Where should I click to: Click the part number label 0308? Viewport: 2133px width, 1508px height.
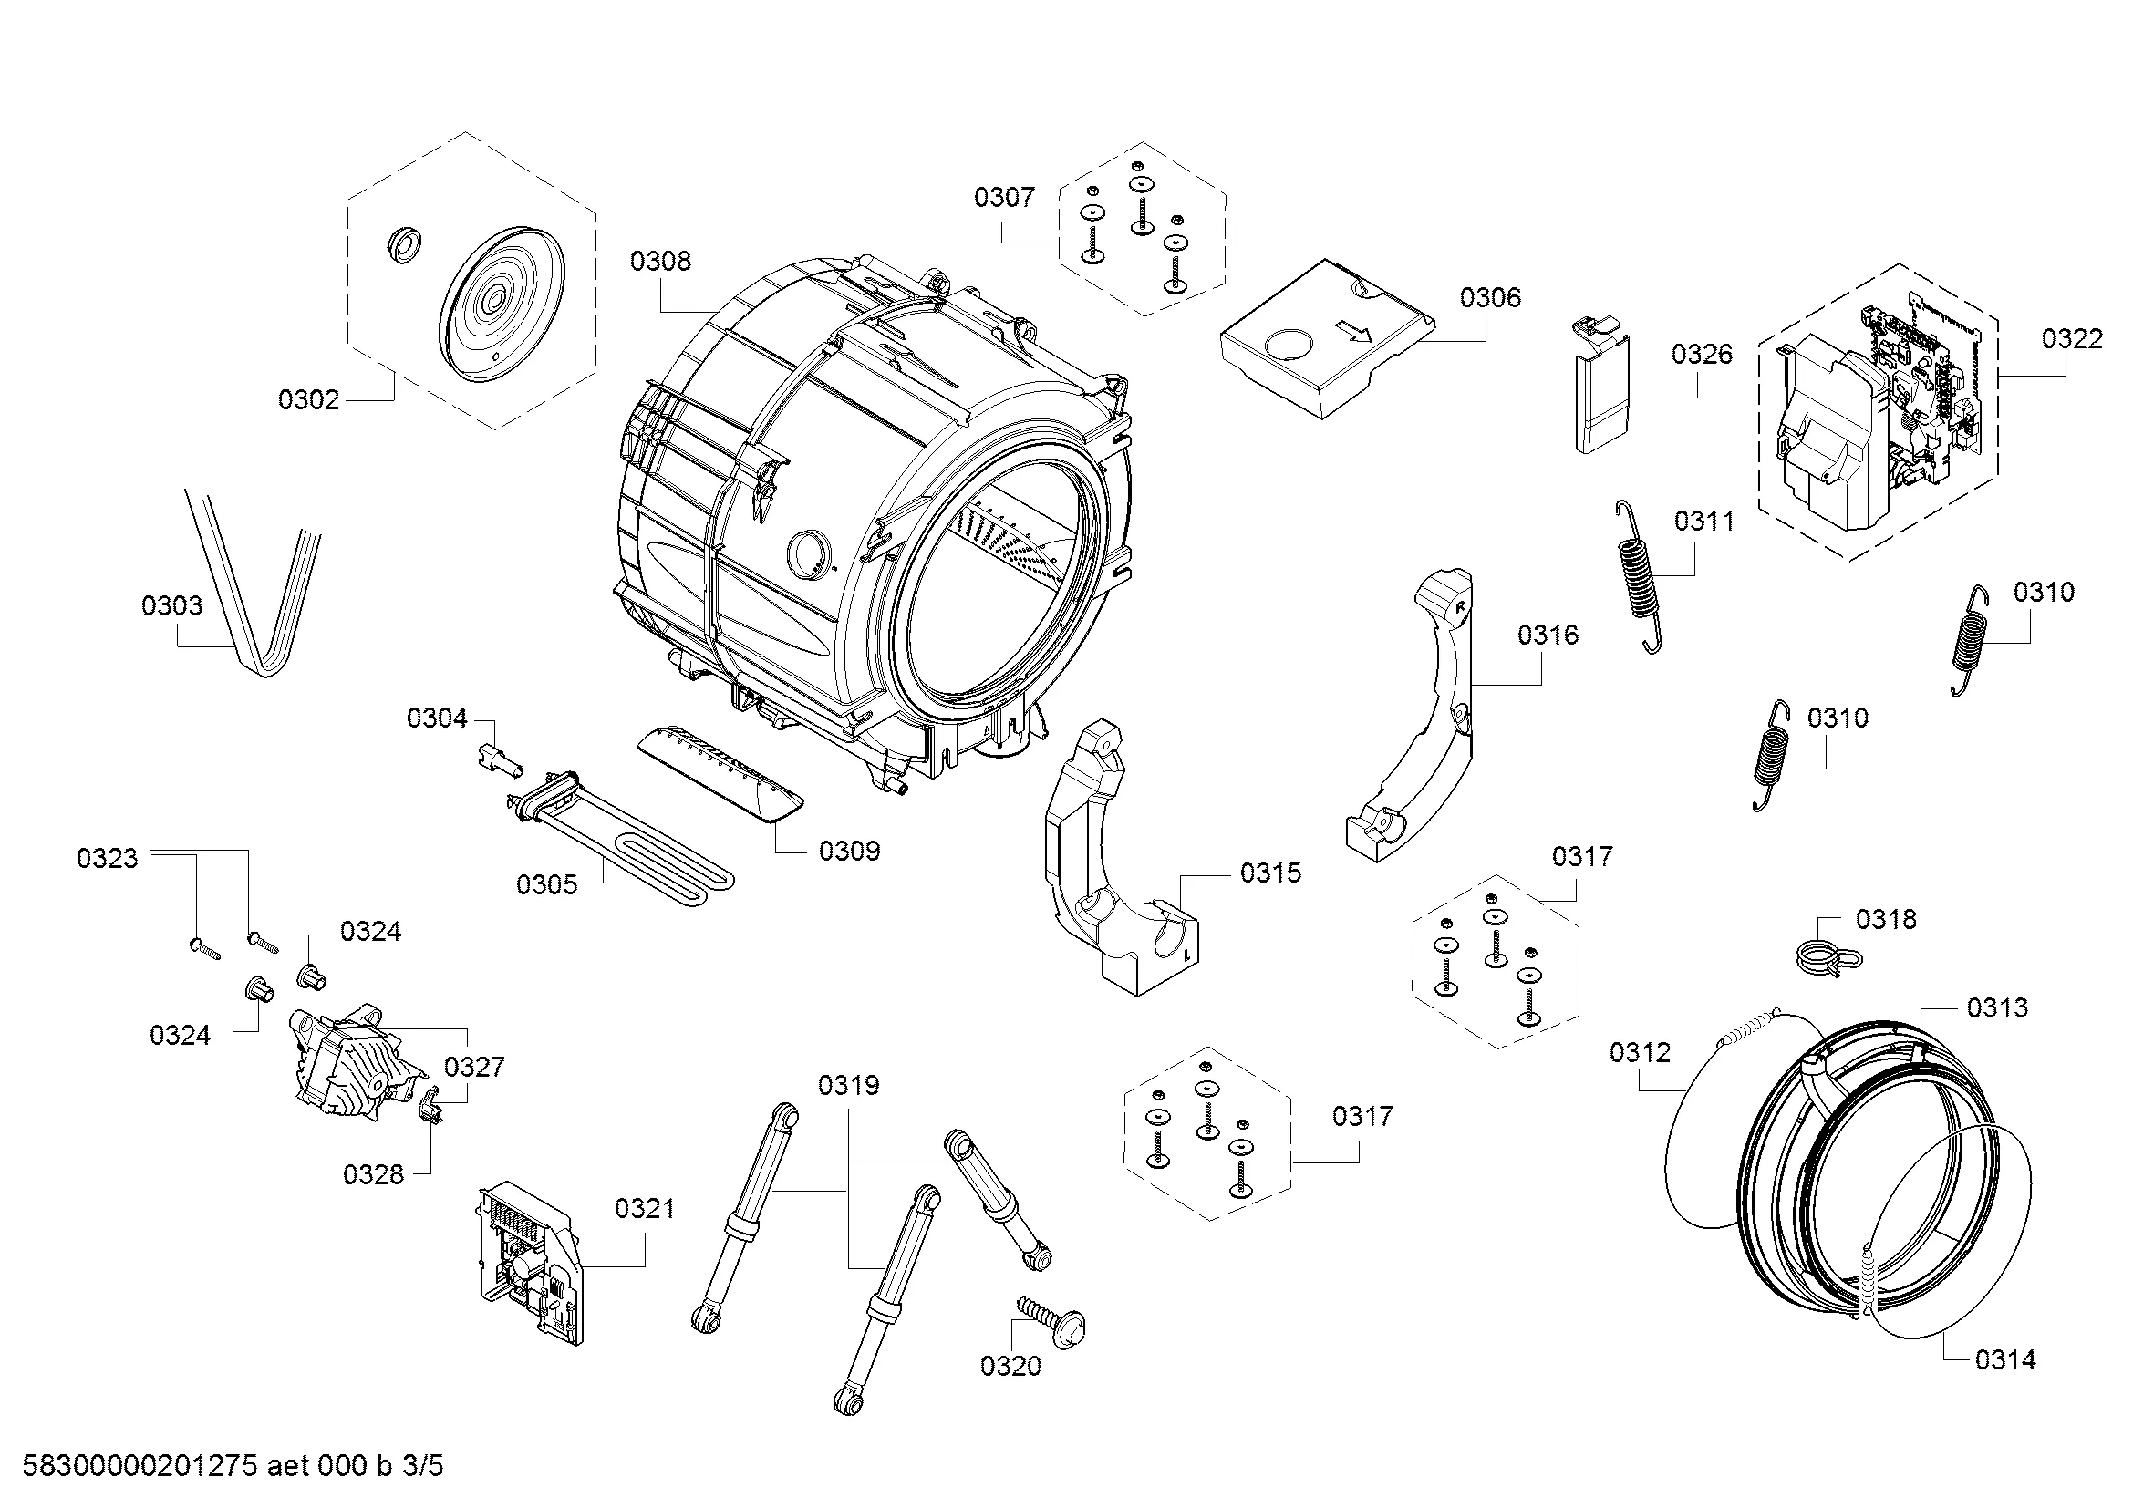point(659,261)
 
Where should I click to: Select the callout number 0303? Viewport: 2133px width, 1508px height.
point(171,605)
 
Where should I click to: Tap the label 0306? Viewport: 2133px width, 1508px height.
point(1490,297)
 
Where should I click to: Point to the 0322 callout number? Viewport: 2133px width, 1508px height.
point(2072,338)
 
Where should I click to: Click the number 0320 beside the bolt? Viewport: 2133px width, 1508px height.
point(1010,1365)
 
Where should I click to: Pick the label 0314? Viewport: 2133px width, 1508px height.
point(2004,1359)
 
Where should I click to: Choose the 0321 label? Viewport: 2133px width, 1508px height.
point(644,1208)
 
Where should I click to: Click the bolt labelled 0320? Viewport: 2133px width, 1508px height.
point(1053,1319)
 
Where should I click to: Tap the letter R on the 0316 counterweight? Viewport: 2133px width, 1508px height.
point(1459,606)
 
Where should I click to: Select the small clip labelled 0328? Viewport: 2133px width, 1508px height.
point(430,1108)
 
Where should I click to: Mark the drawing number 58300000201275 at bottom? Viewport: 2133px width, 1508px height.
point(139,1466)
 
